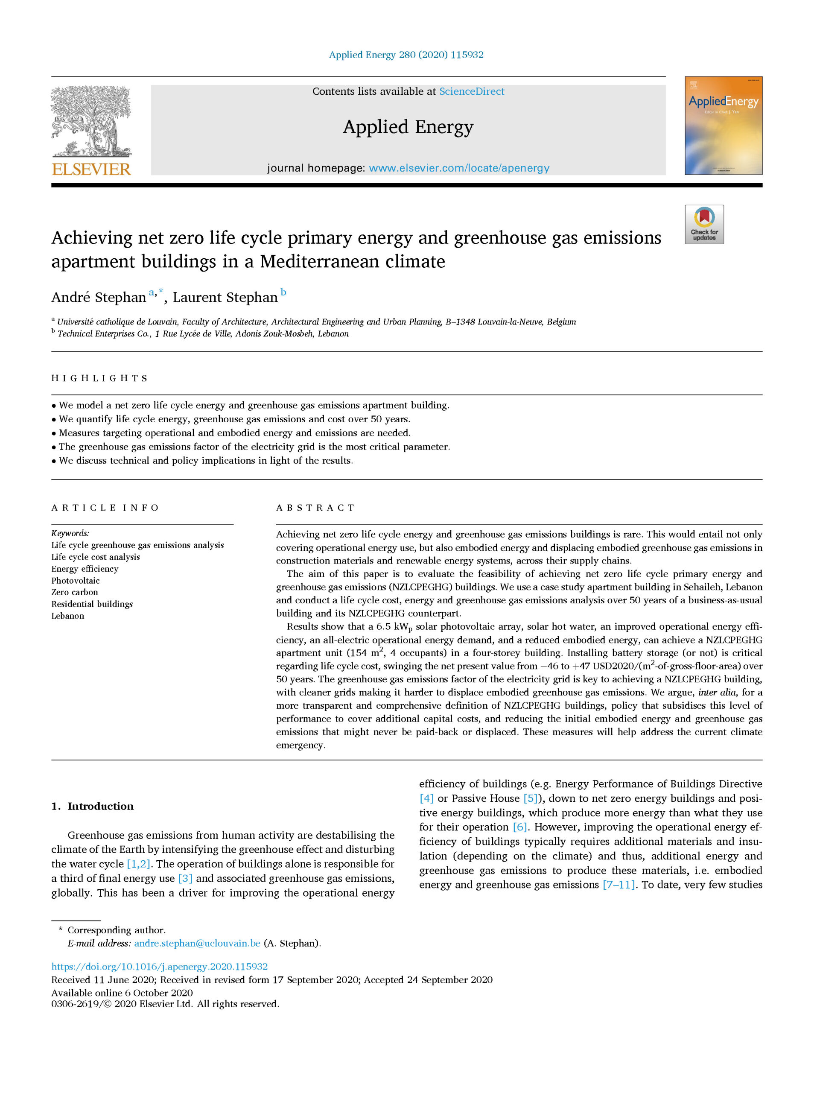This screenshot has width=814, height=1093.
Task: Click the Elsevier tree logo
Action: click(x=91, y=121)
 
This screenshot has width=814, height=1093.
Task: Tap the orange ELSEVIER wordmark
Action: click(x=91, y=169)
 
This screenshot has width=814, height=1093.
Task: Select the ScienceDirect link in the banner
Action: click(x=472, y=91)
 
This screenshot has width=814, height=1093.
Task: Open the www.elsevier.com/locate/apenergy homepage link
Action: click(x=459, y=168)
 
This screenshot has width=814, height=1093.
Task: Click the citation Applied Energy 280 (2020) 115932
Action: click(x=406, y=55)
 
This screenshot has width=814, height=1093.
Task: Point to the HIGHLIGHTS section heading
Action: click(x=99, y=378)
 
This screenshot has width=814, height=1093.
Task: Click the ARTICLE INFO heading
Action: click(x=105, y=508)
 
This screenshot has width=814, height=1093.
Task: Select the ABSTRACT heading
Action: click(x=315, y=508)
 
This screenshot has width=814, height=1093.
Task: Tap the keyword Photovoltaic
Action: click(x=76, y=581)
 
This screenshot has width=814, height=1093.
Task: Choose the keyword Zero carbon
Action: click(x=75, y=592)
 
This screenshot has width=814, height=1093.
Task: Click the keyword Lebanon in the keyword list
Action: click(x=68, y=616)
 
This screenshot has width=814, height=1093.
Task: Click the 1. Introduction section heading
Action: click(x=93, y=806)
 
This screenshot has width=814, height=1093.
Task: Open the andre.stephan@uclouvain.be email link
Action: click(x=197, y=943)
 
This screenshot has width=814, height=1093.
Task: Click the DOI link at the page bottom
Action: click(x=160, y=967)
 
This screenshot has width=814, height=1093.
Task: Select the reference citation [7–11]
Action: click(x=619, y=885)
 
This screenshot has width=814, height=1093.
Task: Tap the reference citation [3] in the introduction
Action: click(x=185, y=879)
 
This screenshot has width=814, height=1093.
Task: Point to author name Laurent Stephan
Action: click(x=225, y=297)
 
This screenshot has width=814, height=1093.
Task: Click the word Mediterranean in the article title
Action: click(x=352, y=261)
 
